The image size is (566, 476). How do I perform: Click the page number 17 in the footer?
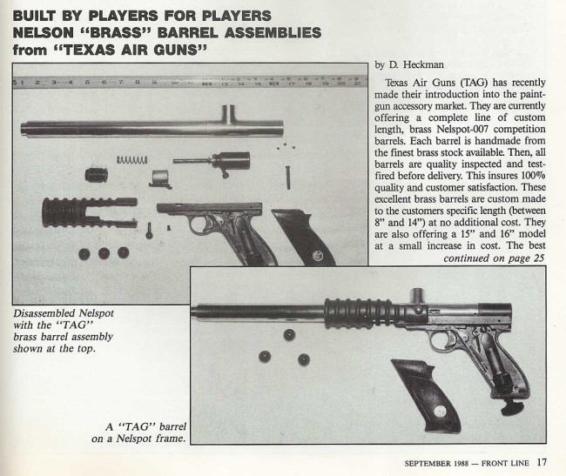tap(542, 462)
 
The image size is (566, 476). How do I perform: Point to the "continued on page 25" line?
tap(494, 258)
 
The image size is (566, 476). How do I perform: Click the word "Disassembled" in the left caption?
tap(45, 312)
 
